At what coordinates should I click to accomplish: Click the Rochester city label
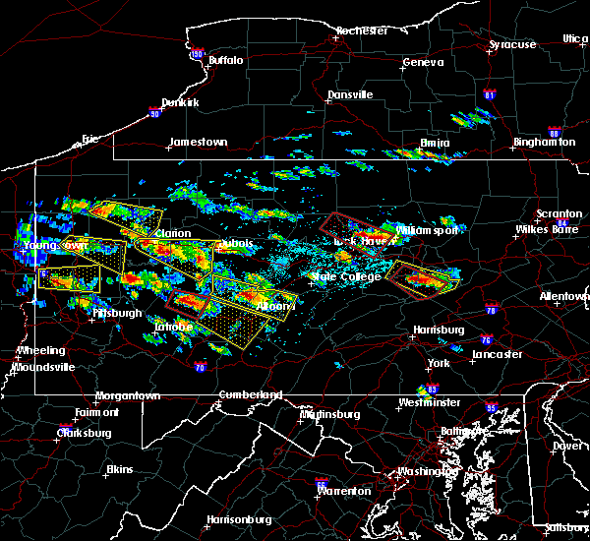click(x=362, y=30)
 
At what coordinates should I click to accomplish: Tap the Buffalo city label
click(x=225, y=61)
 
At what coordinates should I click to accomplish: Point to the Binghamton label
click(x=544, y=143)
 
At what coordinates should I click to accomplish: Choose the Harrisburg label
click(x=438, y=330)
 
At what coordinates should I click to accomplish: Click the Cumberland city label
click(x=251, y=394)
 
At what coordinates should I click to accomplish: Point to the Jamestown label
click(x=198, y=142)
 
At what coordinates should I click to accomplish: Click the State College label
click(x=345, y=276)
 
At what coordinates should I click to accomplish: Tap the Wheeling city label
click(x=41, y=350)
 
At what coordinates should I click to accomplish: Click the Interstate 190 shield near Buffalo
click(x=197, y=55)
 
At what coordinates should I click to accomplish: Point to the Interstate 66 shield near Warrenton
click(x=322, y=483)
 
